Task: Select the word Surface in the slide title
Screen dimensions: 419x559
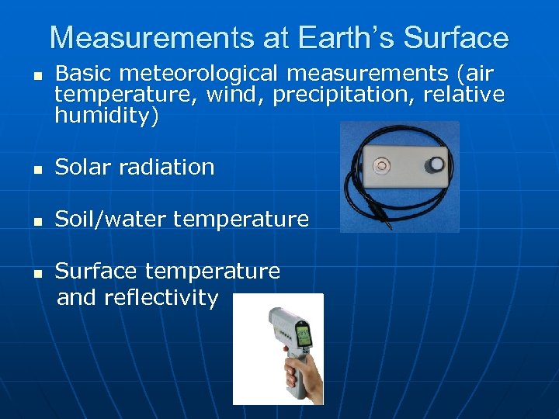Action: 457,37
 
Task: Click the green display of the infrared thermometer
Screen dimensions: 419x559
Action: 304,334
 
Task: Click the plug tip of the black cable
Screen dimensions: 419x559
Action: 390,227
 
